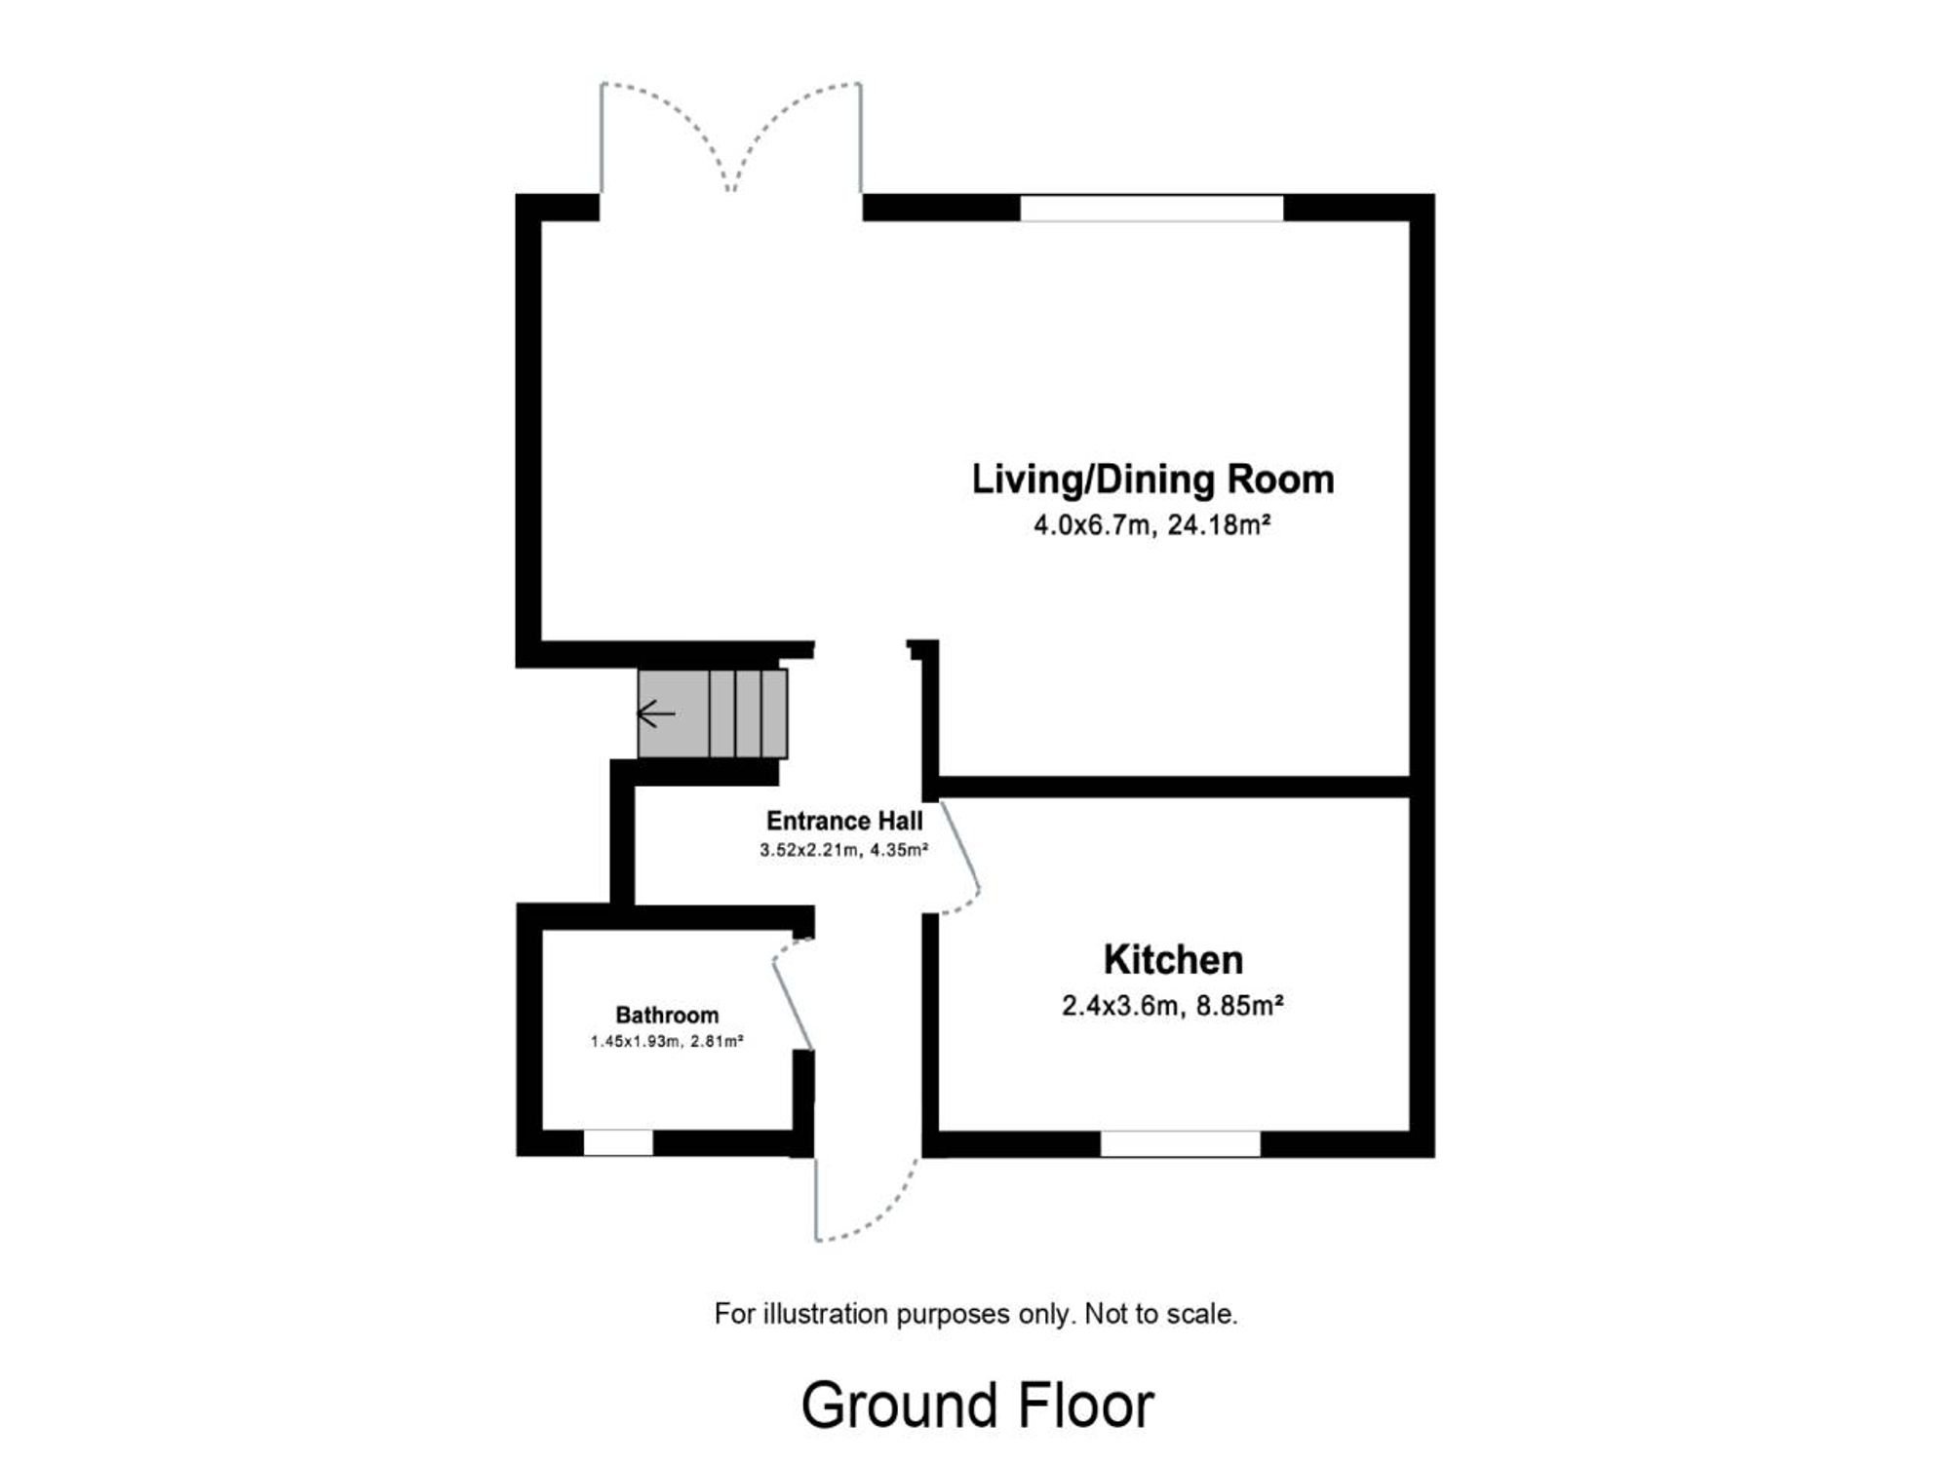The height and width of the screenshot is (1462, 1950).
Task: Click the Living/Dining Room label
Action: coord(1152,480)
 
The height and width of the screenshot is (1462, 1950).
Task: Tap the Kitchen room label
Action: coord(1173,960)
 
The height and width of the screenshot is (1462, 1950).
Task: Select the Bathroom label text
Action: coord(667,1016)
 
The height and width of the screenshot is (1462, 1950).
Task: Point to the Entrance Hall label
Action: coord(844,821)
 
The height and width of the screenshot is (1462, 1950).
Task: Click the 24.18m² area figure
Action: coord(1219,525)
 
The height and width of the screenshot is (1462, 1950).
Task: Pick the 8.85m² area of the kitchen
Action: coord(1239,1005)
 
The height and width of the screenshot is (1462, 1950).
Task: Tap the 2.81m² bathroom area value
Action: coord(717,1042)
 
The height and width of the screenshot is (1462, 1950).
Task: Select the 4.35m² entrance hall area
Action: coord(899,850)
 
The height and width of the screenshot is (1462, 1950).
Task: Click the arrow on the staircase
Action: coord(656,714)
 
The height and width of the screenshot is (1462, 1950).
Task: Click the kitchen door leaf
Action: coord(959,844)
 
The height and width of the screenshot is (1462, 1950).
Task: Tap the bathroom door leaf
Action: coord(793,1004)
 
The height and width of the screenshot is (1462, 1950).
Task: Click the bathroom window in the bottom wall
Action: coord(618,1143)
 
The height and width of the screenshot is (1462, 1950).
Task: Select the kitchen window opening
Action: coord(1180,1144)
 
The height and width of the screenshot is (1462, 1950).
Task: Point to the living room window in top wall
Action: coord(1151,208)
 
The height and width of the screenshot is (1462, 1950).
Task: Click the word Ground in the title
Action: coord(900,1405)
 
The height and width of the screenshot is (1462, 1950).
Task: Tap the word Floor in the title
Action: coord(1086,1405)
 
